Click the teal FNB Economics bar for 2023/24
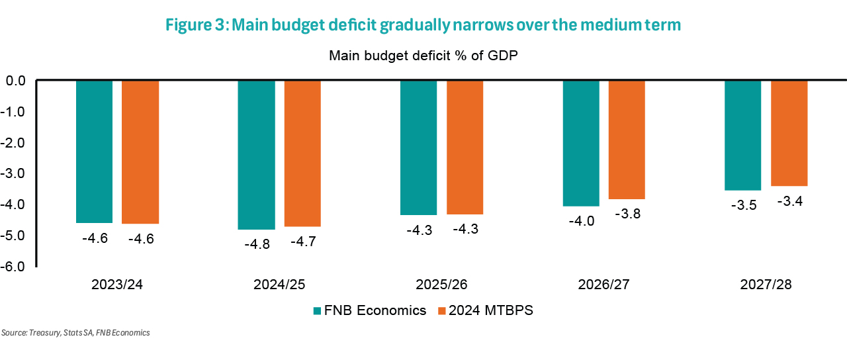(x=94, y=152)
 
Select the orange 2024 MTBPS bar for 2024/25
(x=302, y=154)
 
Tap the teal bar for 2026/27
(x=580, y=143)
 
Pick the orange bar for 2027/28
(x=789, y=133)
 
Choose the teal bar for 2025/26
(x=418, y=148)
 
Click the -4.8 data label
(x=257, y=244)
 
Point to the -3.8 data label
(x=627, y=214)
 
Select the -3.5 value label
(x=743, y=205)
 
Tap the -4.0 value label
(x=580, y=221)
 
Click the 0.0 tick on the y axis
(x=16, y=81)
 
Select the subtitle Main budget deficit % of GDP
(x=423, y=56)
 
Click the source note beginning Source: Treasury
(x=75, y=333)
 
